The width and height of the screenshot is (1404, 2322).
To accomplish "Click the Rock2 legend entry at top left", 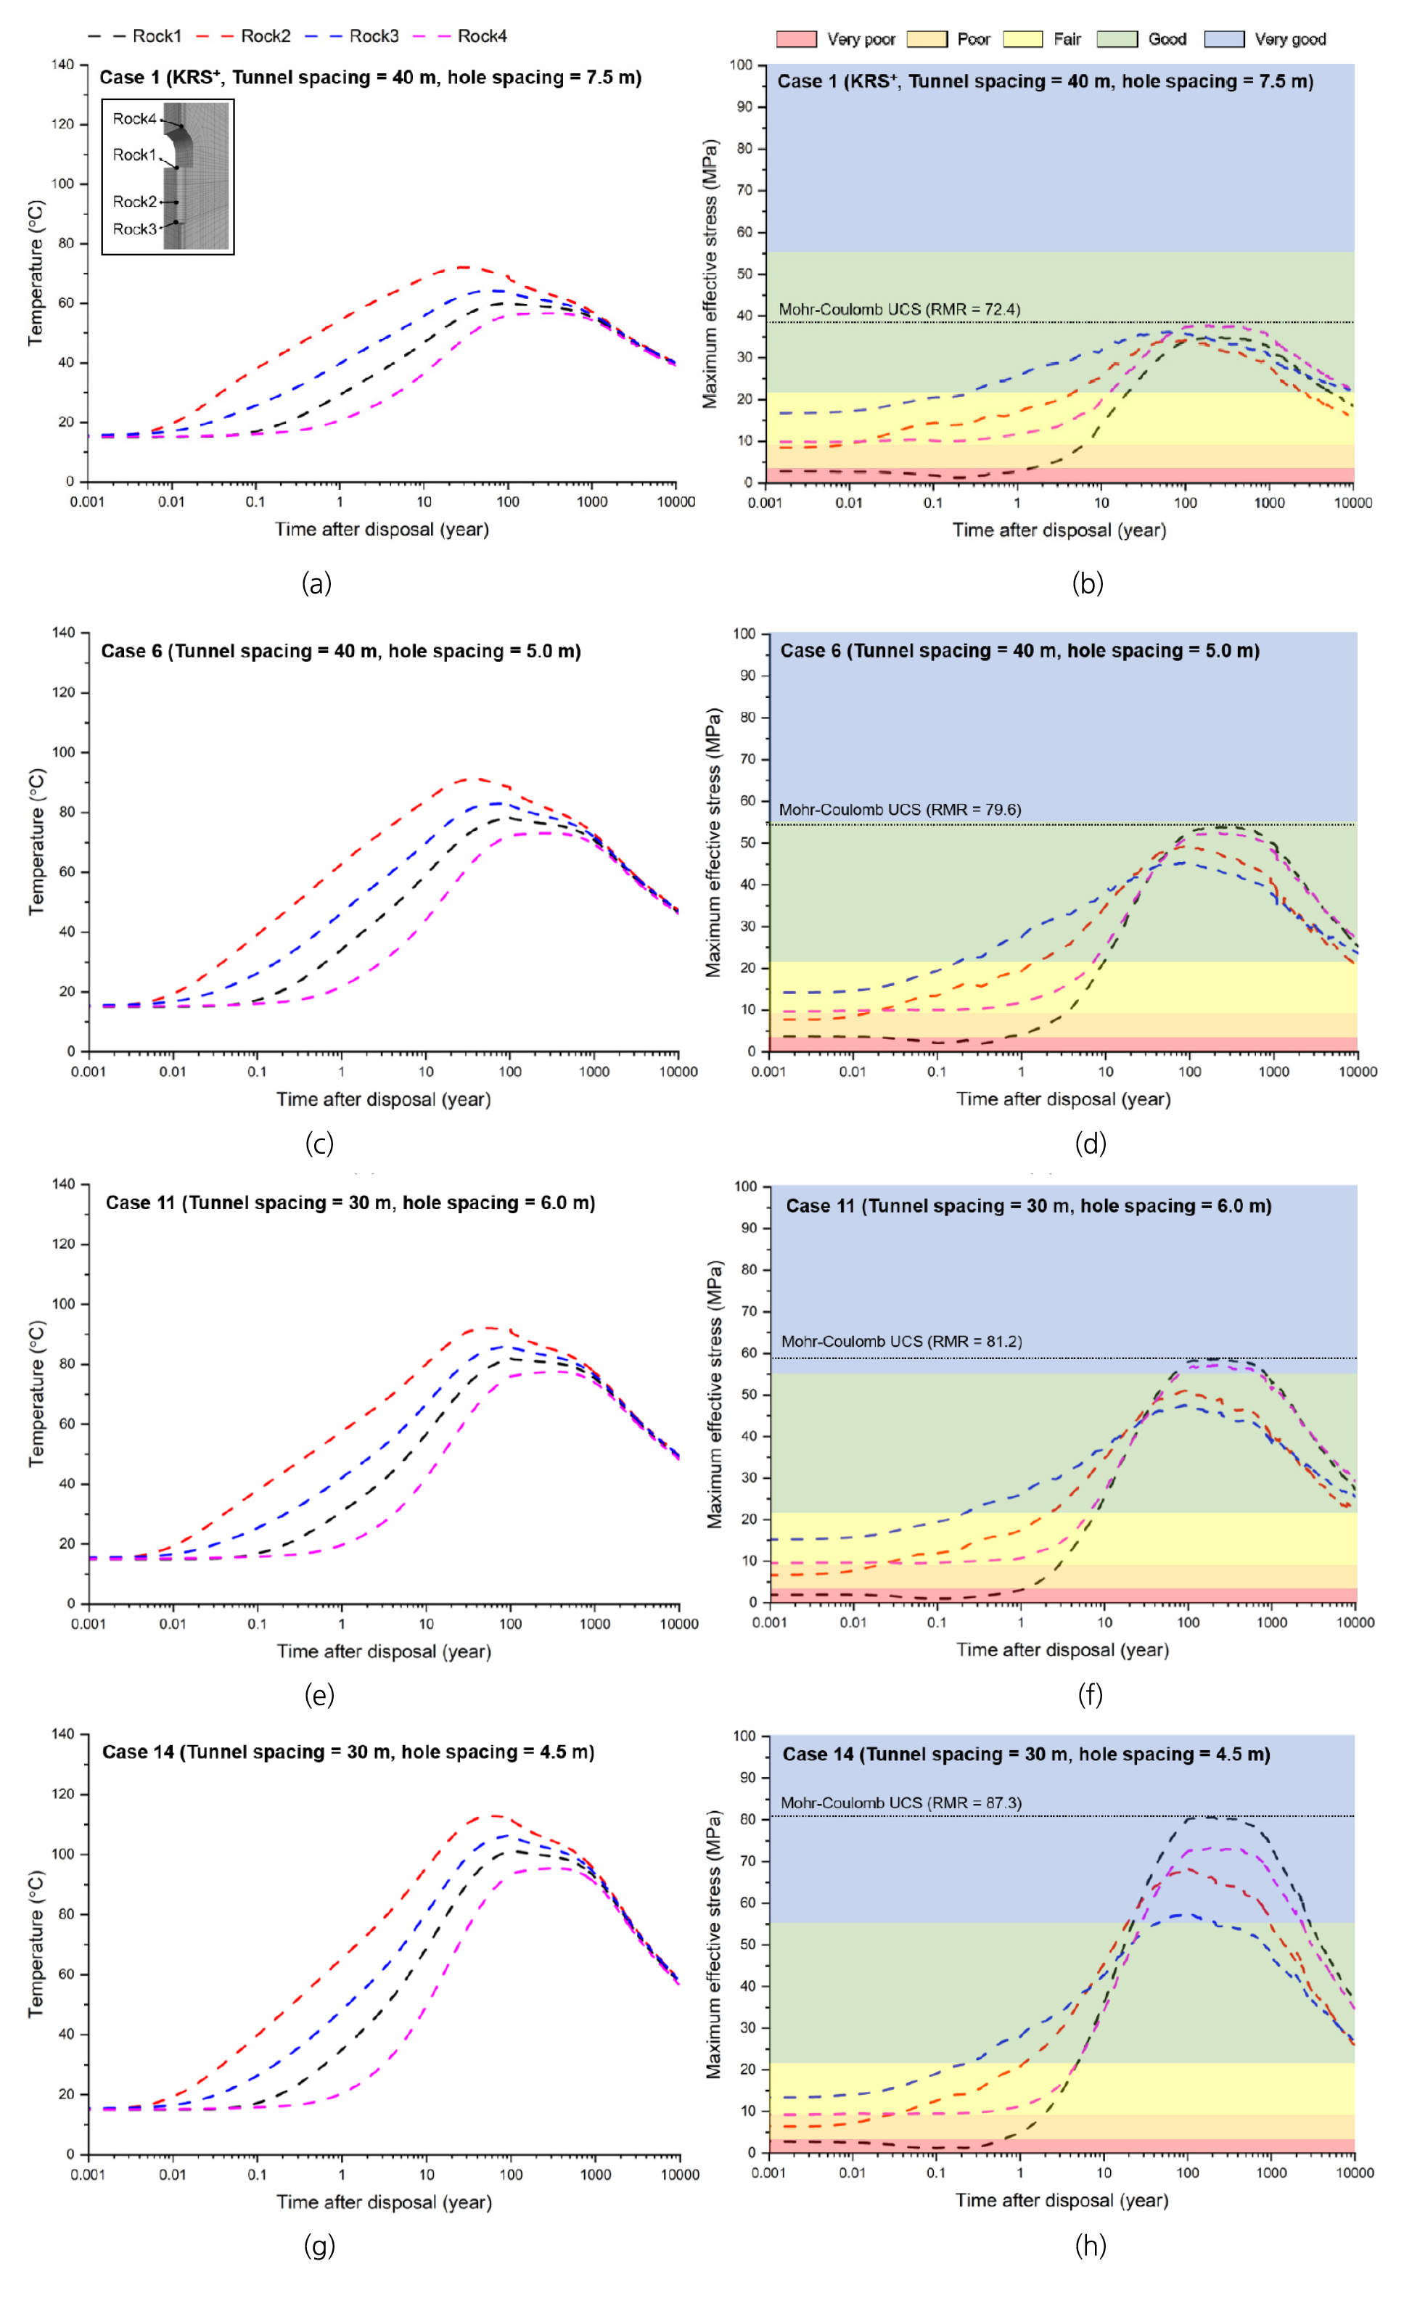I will (x=265, y=36).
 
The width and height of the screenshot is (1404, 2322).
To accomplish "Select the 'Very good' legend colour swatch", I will (x=1224, y=38).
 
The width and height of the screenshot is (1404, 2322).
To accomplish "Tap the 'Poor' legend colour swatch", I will (x=927, y=38).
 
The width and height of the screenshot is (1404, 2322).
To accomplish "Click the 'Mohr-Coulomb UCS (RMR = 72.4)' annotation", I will (x=899, y=309).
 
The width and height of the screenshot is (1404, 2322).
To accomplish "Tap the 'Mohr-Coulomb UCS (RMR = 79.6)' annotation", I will (x=900, y=810).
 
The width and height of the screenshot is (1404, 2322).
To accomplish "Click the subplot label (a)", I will (x=316, y=583).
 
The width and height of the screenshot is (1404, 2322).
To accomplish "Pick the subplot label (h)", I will (x=1091, y=2246).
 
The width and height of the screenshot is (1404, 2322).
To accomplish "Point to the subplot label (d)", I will (x=1091, y=1144).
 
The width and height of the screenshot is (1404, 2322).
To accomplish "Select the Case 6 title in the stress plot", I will (x=1019, y=650).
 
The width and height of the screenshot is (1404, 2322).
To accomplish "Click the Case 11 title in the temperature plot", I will (x=350, y=1202).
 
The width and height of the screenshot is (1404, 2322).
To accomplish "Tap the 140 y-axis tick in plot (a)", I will (x=62, y=64).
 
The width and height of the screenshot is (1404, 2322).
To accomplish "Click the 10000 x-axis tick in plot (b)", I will (x=1353, y=502).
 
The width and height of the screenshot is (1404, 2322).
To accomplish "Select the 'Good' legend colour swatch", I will (x=1117, y=38).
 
